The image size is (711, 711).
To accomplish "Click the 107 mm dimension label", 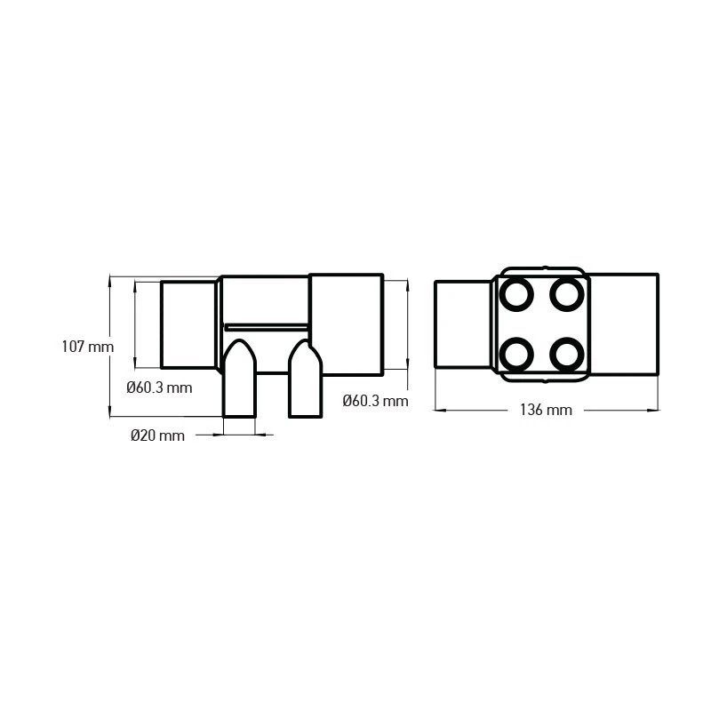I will pos(87,347).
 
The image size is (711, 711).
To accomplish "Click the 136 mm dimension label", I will pos(546,410).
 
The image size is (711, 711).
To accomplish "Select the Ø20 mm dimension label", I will pos(157,435).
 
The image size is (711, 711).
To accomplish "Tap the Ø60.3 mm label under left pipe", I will pos(159,387).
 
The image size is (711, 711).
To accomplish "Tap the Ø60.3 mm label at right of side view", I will pos(375,401).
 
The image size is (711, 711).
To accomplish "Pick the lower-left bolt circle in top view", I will pos(515,354).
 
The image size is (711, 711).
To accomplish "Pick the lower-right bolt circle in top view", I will pos(566,354).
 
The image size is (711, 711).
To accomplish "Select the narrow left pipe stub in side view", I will pos(188,324).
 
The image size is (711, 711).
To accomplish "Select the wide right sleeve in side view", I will pos(346,324).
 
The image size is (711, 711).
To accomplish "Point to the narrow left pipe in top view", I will pos(463,324).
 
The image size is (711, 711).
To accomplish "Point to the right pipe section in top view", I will pos(623,324).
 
